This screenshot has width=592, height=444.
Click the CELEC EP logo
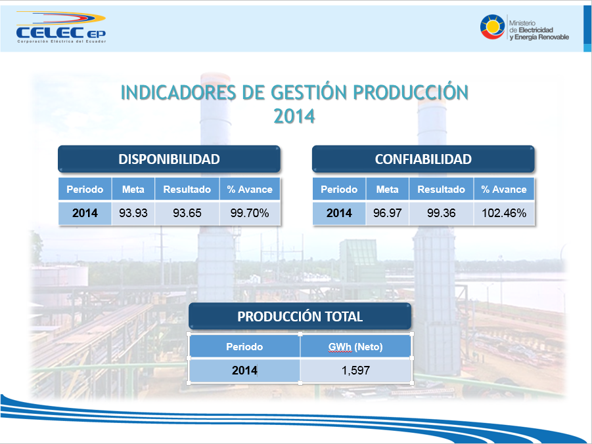[x=61, y=27]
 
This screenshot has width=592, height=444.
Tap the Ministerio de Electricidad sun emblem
[x=492, y=27]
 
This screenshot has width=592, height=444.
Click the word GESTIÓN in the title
[x=309, y=92]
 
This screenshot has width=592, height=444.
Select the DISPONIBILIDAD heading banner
[x=169, y=159]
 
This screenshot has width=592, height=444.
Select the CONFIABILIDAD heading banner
[x=423, y=159]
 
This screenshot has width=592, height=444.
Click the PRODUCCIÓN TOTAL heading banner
[x=300, y=316]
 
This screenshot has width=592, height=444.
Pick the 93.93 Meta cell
[x=133, y=213]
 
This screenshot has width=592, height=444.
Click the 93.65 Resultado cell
[x=187, y=213]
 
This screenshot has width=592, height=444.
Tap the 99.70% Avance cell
[x=250, y=213]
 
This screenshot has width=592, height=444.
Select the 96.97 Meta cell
[x=388, y=213]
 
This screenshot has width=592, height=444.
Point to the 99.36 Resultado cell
[x=442, y=213]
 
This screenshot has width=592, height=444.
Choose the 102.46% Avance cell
[x=504, y=213]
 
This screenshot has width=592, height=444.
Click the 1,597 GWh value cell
[x=355, y=370]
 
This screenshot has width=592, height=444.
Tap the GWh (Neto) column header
[x=355, y=347]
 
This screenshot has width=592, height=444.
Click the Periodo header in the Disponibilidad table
[x=85, y=190]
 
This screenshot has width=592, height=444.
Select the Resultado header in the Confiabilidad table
[x=442, y=190]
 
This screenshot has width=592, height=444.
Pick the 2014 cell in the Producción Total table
[x=244, y=370]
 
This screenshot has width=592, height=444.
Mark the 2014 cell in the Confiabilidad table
[x=339, y=213]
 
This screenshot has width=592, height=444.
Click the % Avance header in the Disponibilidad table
[x=250, y=190]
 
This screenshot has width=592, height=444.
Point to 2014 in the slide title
[x=294, y=116]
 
